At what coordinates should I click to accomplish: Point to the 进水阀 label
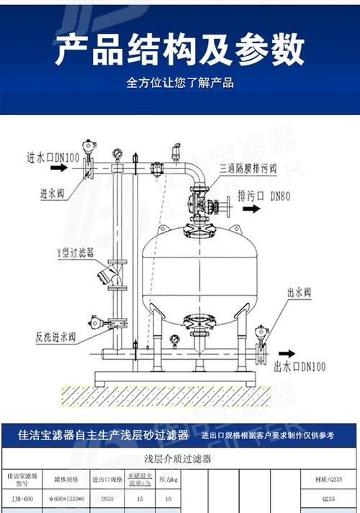pyautogui.click(x=54, y=194)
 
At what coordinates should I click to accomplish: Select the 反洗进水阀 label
pyautogui.click(x=58, y=336)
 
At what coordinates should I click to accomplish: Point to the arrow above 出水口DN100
pyautogui.click(x=286, y=354)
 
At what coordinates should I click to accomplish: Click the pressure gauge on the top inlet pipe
pyautogui.click(x=116, y=153)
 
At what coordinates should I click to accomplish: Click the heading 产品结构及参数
pyautogui.click(x=179, y=49)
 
